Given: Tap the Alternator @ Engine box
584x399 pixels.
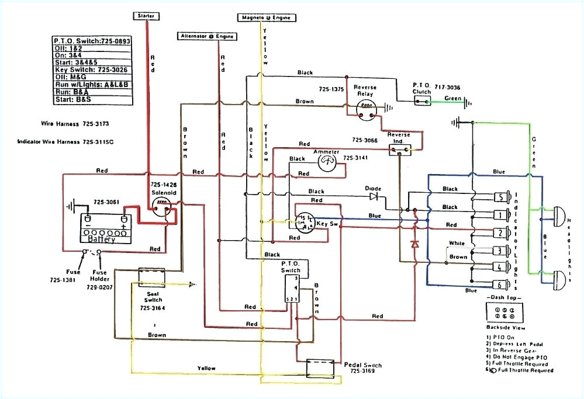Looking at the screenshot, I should click(x=207, y=36).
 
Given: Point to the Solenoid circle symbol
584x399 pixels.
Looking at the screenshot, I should click(x=160, y=203).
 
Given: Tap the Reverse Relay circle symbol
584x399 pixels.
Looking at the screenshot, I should click(x=367, y=107).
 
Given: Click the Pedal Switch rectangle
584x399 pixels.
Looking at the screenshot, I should click(x=320, y=368).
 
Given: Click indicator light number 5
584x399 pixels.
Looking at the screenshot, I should click(x=501, y=196).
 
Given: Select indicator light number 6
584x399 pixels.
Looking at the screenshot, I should click(x=501, y=285).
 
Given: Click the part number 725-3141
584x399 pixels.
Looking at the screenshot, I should click(x=355, y=158).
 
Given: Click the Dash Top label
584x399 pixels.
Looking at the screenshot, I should click(x=501, y=298).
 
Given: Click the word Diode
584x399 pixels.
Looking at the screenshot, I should click(x=372, y=189).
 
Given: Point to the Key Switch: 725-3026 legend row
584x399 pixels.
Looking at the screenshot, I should click(x=90, y=70).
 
